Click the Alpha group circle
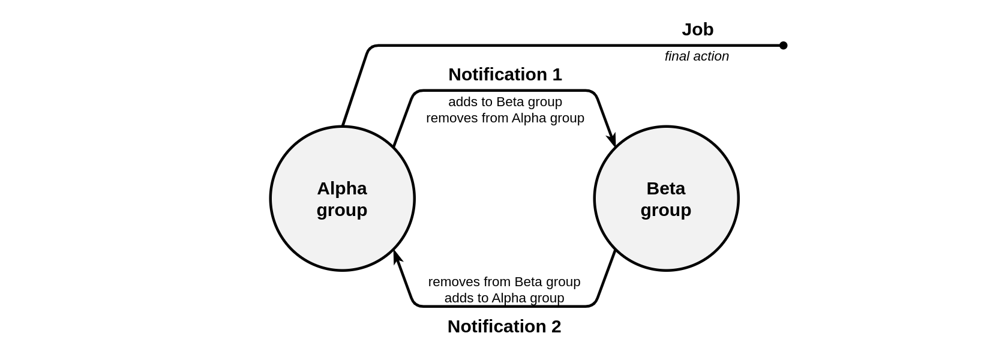click(x=342, y=199)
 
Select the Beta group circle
click(x=666, y=199)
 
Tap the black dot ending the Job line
click(x=783, y=46)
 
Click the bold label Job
click(x=697, y=30)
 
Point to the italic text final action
click(x=697, y=56)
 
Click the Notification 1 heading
click(x=505, y=74)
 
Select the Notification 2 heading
click(x=504, y=326)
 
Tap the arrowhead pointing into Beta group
click(x=612, y=139)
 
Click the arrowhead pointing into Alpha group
click(x=397, y=257)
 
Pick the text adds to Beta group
click(x=505, y=102)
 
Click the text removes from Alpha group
click(x=505, y=118)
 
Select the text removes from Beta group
click(x=504, y=282)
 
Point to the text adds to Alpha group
click(x=504, y=298)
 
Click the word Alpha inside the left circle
click(x=342, y=188)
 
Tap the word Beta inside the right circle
click(x=666, y=188)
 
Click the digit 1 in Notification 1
click(x=557, y=74)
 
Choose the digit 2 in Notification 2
click(x=556, y=326)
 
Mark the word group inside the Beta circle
click(x=666, y=211)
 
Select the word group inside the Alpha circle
click(x=342, y=211)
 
